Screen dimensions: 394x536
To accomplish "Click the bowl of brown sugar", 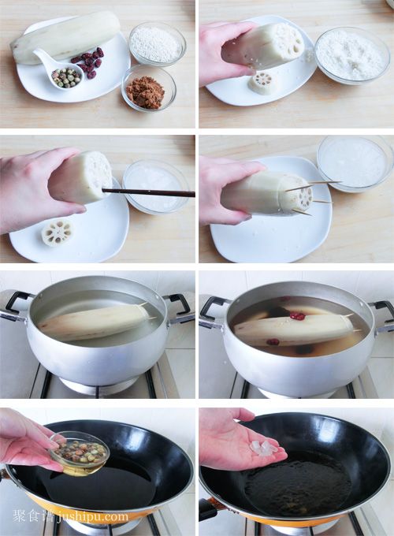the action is (x=149, y=89).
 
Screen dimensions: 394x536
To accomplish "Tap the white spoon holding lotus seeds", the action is (x=61, y=69).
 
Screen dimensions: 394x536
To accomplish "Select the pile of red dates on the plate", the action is (x=88, y=62).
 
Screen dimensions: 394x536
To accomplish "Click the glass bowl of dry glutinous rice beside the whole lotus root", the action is (x=158, y=43).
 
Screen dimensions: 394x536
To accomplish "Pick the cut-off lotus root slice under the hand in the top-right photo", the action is (x=261, y=83).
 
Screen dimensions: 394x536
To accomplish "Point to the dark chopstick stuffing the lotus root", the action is (x=148, y=192).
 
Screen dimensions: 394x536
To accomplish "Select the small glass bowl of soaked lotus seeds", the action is (x=80, y=453).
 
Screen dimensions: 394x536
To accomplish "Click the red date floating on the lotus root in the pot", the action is (x=297, y=316).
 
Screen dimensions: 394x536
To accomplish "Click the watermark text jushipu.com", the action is (x=93, y=516).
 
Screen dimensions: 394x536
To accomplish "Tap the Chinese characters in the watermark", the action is (x=34, y=516).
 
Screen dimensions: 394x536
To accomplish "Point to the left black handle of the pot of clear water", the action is (x=17, y=303).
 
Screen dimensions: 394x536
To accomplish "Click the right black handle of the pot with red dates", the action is (x=383, y=311).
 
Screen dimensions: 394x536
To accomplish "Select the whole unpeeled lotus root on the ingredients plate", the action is (x=65, y=37).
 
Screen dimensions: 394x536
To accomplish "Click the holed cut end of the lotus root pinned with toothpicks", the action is (x=299, y=196).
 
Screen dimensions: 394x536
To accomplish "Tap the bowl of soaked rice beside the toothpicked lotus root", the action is (x=355, y=163).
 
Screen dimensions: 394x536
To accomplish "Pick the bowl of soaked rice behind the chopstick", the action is (x=155, y=186).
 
